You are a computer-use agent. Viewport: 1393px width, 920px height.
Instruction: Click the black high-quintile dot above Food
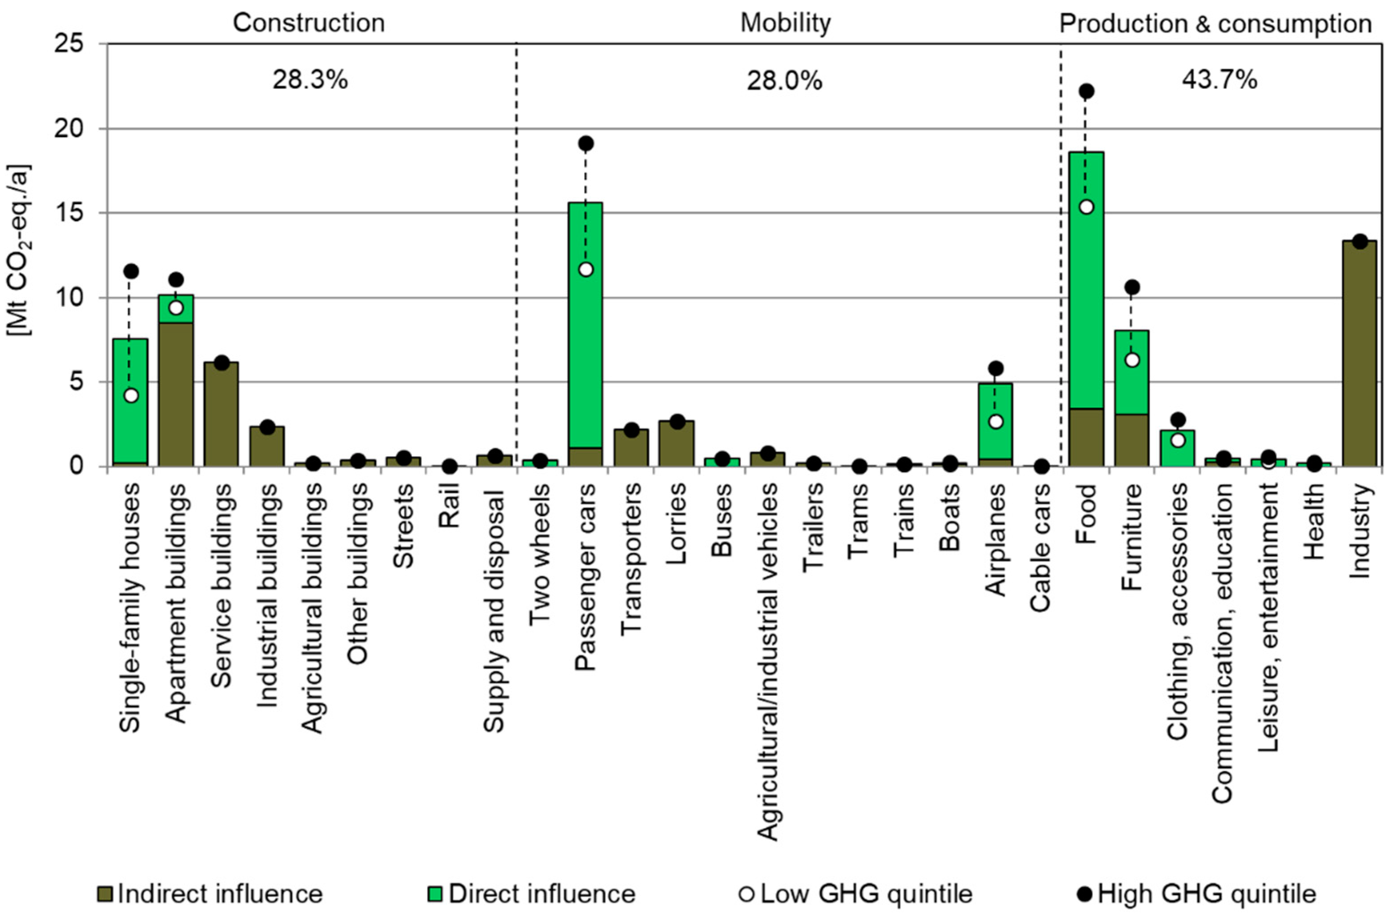click(1086, 91)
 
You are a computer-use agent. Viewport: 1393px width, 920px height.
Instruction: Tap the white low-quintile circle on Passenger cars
click(586, 269)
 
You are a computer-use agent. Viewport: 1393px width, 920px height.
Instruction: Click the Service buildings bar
click(221, 414)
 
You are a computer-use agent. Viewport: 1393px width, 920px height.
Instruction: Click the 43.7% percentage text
click(1219, 80)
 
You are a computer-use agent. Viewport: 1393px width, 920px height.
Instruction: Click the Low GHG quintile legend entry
click(856, 894)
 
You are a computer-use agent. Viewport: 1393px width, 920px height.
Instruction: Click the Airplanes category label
click(996, 540)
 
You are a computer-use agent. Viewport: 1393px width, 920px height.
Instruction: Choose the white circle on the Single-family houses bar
click(131, 395)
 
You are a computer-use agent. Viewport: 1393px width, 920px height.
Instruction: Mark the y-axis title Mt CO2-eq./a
click(20, 249)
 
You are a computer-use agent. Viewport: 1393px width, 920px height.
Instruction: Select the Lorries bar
click(676, 443)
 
